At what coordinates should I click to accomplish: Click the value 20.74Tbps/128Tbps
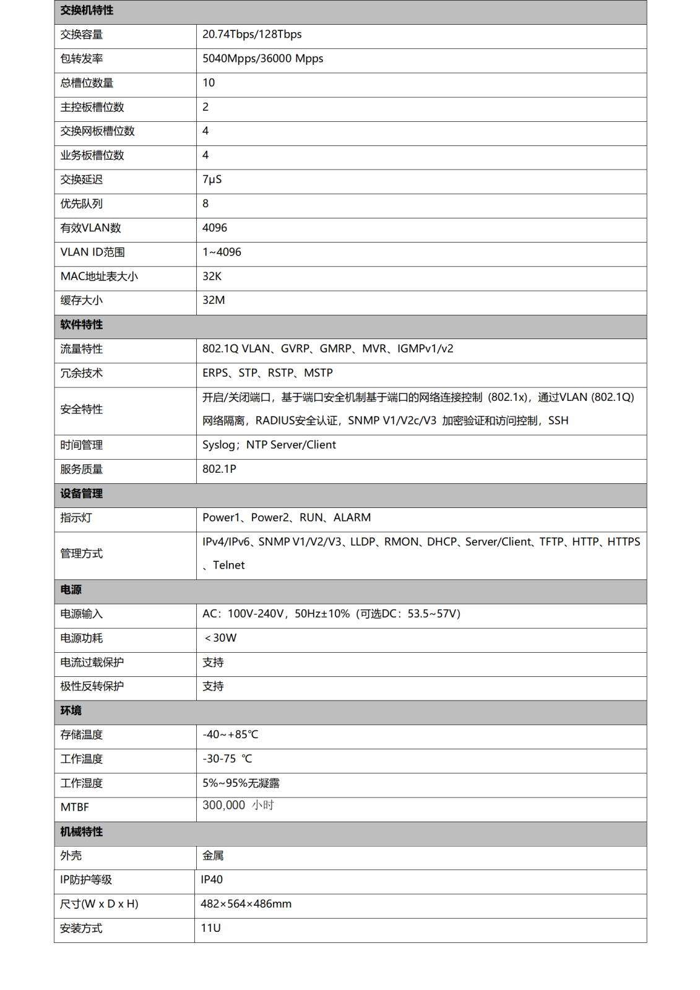[252, 35]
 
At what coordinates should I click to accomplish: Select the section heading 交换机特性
[87, 11]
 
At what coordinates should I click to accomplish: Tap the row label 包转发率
[82, 59]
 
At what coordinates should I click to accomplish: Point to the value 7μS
[212, 179]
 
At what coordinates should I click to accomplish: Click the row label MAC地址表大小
[99, 277]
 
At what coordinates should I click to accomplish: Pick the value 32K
[212, 277]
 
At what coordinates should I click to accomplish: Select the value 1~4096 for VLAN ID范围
[222, 252]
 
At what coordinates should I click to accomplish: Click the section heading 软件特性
[82, 325]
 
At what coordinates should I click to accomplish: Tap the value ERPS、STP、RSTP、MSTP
[267, 373]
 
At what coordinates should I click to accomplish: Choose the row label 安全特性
[82, 410]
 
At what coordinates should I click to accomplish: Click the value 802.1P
[219, 469]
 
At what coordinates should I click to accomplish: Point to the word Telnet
[229, 566]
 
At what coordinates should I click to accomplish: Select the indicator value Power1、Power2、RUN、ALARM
[287, 518]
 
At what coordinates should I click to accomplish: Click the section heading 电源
[71, 590]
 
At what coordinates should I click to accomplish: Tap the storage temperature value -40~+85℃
[230, 735]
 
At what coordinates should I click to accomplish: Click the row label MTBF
[75, 807]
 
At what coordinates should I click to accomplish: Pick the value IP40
[212, 880]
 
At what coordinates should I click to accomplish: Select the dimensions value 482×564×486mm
[246, 904]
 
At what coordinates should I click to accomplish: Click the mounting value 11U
[210, 928]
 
